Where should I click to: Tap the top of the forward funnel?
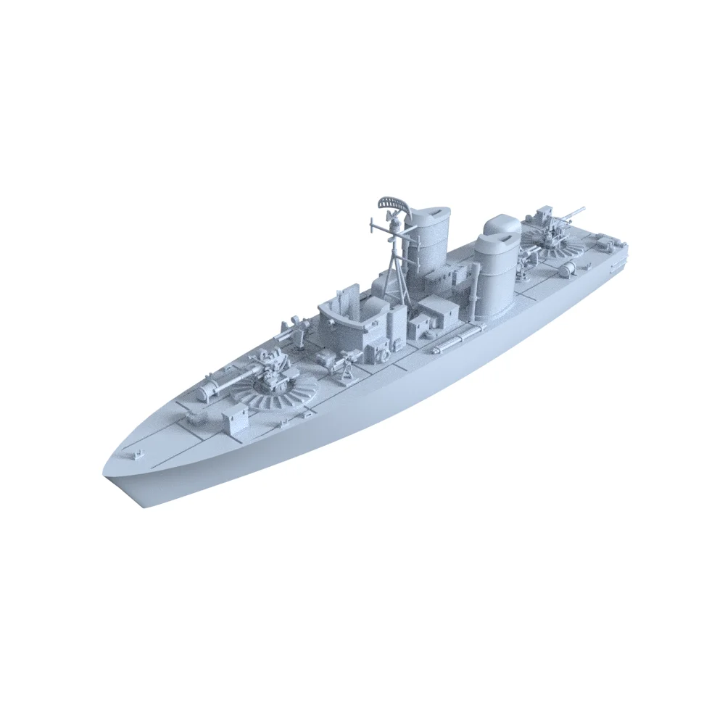click(x=429, y=215)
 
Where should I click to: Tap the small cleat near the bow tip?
click(x=136, y=455)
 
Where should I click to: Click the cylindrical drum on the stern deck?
click(x=567, y=270)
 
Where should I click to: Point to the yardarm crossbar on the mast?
click(x=391, y=231)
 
